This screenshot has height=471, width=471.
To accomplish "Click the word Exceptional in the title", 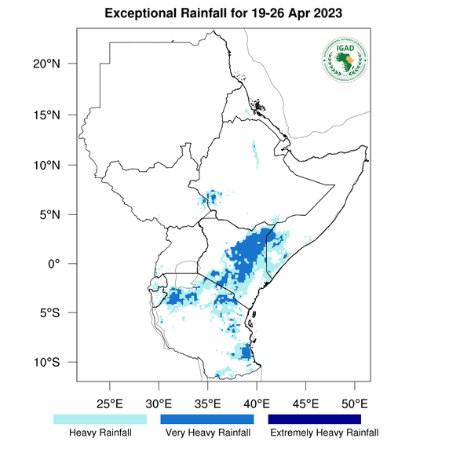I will click(146, 15).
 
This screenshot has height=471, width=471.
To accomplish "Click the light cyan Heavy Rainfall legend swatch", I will click(100, 419).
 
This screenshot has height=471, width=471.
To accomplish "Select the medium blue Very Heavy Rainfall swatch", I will click(207, 419).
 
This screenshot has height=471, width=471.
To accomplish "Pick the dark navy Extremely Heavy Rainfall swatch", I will click(315, 419).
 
